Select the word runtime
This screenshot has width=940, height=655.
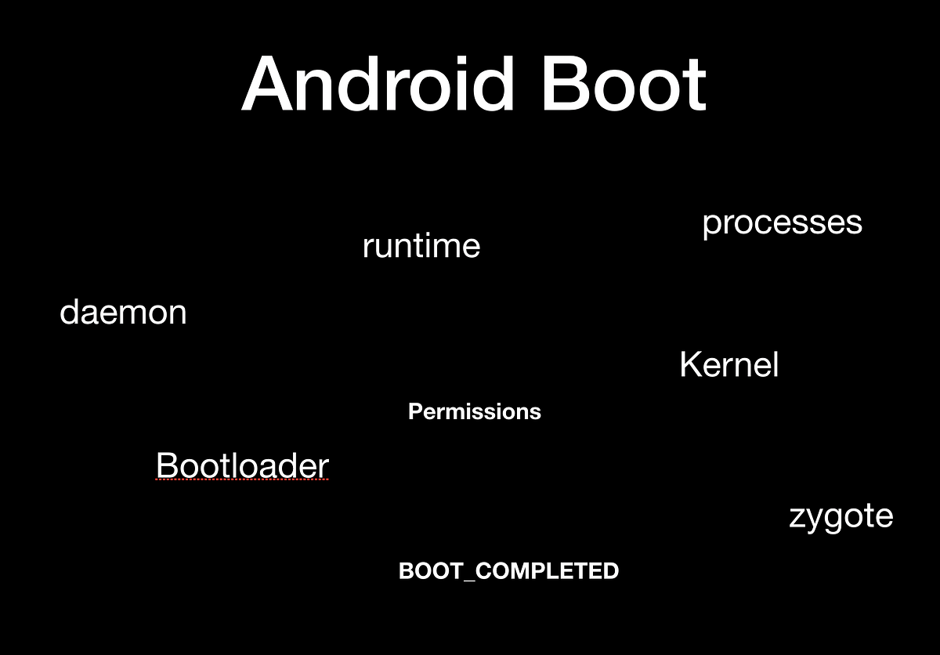(x=421, y=246)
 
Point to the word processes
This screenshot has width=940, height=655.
(x=782, y=223)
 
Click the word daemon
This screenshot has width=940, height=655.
(x=123, y=313)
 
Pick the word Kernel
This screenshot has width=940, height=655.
(x=728, y=365)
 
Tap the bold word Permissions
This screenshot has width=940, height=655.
(x=474, y=411)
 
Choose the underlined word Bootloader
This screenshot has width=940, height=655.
(x=242, y=465)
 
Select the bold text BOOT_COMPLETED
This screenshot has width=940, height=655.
(x=508, y=571)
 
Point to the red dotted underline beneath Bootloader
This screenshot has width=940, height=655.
(x=242, y=480)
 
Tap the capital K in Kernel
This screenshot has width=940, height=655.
(x=689, y=365)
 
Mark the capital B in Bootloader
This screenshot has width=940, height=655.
(x=166, y=465)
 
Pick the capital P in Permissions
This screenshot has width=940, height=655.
(x=415, y=411)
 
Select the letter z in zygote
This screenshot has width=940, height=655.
(x=797, y=519)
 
